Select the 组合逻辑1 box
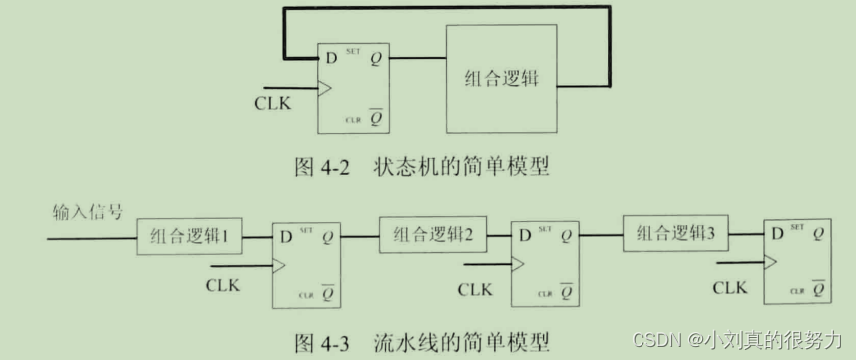[190, 237]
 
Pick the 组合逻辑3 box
[675, 235]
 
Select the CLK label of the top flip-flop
[272, 102]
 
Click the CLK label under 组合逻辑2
[477, 288]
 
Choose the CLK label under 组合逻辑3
[730, 287]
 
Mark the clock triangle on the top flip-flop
[324, 89]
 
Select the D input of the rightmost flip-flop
[774, 235]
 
